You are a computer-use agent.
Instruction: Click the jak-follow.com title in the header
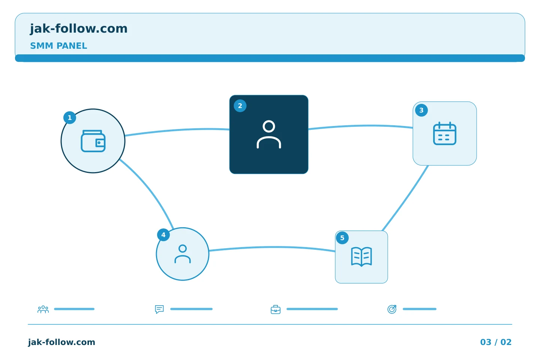pyautogui.click(x=79, y=29)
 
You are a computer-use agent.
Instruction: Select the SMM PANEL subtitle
pyautogui.click(x=58, y=46)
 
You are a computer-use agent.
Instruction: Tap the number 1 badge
pyautogui.click(x=70, y=118)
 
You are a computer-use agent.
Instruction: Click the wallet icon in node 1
pyautogui.click(x=93, y=141)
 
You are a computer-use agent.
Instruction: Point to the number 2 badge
pyautogui.click(x=240, y=106)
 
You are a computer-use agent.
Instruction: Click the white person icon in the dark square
pyautogui.click(x=269, y=134)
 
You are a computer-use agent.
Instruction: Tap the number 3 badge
pyautogui.click(x=421, y=110)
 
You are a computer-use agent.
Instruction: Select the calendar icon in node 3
pyautogui.click(x=445, y=133)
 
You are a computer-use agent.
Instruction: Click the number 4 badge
pyautogui.click(x=163, y=235)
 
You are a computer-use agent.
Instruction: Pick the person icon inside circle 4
pyautogui.click(x=183, y=254)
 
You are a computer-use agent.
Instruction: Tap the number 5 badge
pyautogui.click(x=342, y=238)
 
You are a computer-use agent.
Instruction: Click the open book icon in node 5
pyautogui.click(x=361, y=257)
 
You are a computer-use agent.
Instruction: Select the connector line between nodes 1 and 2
pyautogui.click(x=177, y=130)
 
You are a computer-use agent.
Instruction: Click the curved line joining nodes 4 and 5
pyautogui.click(x=272, y=247)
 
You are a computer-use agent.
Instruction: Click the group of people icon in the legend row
pyautogui.click(x=43, y=309)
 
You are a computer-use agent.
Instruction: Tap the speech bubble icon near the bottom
pyautogui.click(x=159, y=309)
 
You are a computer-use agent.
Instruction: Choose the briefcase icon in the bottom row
pyautogui.click(x=276, y=309)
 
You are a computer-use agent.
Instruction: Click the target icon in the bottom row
pyautogui.click(x=392, y=309)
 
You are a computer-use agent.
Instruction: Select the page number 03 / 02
pyautogui.click(x=496, y=342)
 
